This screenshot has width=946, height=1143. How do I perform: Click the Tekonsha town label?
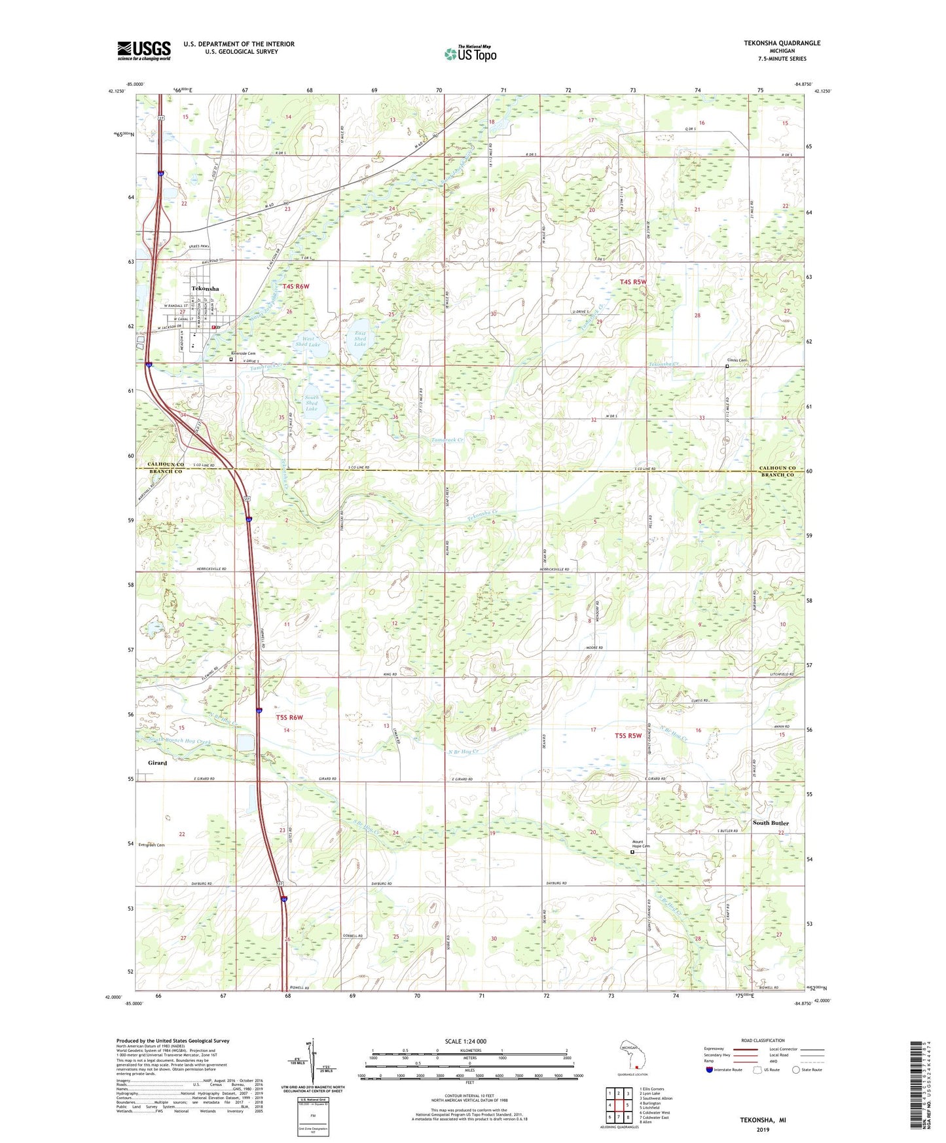[205, 289]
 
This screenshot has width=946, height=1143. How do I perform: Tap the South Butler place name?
[771, 823]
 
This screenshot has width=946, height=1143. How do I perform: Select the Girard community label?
[157, 763]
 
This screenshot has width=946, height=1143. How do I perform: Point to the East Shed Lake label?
[360, 338]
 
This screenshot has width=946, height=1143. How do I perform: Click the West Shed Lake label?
[308, 342]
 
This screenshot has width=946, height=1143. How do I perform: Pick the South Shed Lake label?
[312, 403]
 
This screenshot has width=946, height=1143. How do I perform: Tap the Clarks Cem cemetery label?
[737, 360]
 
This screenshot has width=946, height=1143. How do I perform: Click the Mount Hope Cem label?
[641, 844]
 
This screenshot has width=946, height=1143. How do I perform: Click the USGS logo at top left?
[144, 50]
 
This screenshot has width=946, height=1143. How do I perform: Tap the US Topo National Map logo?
[470, 54]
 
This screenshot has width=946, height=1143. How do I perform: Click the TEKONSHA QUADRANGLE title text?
[782, 43]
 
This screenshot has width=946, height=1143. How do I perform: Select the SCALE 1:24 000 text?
[465, 1041]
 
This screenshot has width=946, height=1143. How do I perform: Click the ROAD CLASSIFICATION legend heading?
[763, 1040]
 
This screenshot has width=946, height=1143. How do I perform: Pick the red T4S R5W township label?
[632, 282]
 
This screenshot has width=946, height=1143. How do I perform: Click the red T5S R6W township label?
[289, 717]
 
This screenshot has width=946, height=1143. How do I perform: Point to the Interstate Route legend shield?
[710, 1070]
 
